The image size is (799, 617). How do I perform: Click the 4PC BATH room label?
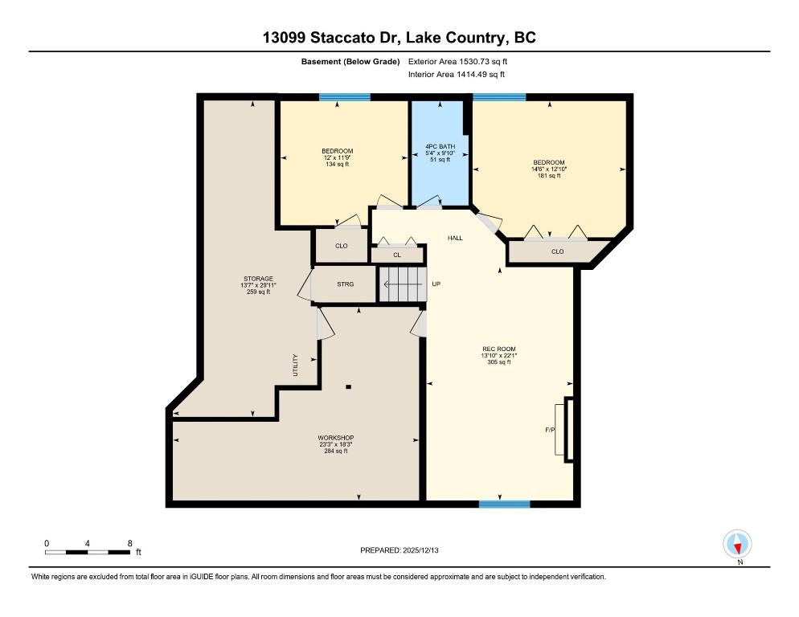[x=440, y=146]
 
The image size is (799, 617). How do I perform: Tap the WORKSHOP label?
[x=336, y=438]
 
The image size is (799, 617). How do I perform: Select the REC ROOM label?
[x=499, y=349]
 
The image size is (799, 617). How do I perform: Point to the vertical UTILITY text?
[x=295, y=366]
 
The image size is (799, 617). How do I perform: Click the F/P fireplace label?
[x=550, y=430]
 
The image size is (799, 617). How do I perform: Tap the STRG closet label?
[x=345, y=284]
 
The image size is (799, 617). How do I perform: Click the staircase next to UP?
[x=403, y=284]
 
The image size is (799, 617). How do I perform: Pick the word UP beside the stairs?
[x=436, y=284]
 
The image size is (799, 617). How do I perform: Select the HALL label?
[x=455, y=238]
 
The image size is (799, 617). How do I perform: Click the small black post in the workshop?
[x=349, y=386]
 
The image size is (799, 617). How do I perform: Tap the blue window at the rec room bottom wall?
[x=505, y=504]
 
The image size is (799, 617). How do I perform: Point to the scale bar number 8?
[x=130, y=544]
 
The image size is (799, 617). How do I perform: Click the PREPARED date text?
[x=399, y=550]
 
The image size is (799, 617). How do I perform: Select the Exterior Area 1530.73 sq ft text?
[x=457, y=62]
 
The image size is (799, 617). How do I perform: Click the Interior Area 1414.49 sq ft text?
[x=457, y=75]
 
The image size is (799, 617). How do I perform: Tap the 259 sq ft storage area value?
[x=258, y=292]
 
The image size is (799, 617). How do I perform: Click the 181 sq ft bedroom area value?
[x=549, y=176]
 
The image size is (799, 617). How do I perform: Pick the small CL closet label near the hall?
[x=397, y=255]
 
